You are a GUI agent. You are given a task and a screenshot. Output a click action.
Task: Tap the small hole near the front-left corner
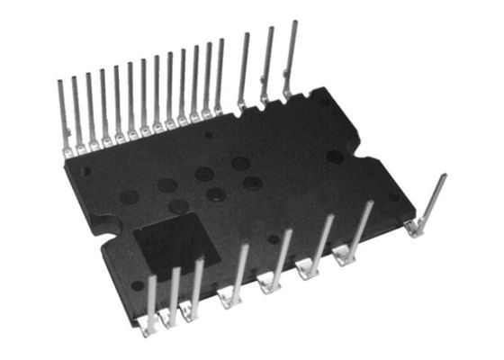pos(137,285)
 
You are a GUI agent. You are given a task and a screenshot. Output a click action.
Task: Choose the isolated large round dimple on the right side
pos(335,156)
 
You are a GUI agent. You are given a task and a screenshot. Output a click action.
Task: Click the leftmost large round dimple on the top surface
pos(130,195)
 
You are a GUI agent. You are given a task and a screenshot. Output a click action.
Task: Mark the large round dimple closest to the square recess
pos(178,206)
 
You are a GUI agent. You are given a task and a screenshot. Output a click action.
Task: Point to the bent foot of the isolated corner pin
pos(414,230)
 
